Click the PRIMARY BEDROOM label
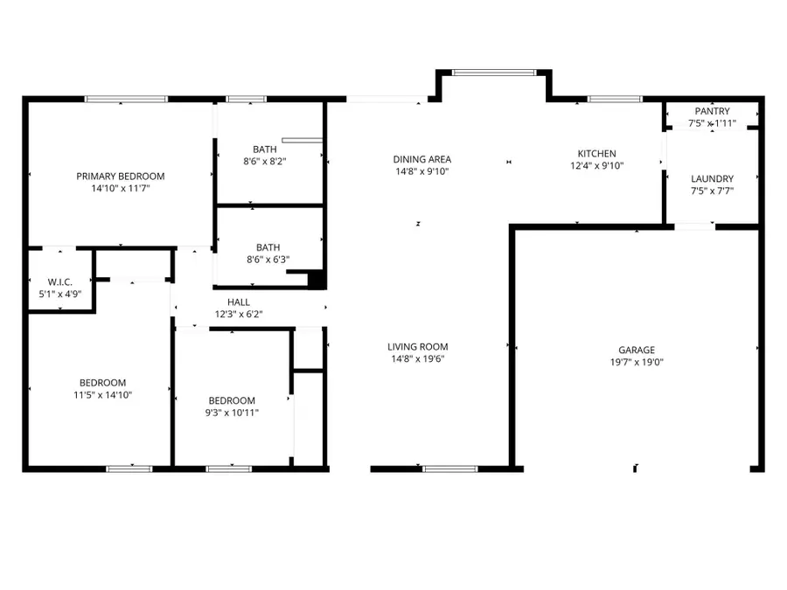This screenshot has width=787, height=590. click(x=120, y=176)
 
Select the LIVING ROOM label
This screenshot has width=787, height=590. click(x=418, y=347)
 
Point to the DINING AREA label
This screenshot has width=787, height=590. click(x=421, y=159)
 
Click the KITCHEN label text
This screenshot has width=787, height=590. click(x=597, y=153)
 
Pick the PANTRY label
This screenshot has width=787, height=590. click(x=712, y=111)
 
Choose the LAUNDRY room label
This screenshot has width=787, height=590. click(x=712, y=178)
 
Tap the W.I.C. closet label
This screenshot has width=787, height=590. click(x=59, y=281)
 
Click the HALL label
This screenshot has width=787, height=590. click(x=239, y=302)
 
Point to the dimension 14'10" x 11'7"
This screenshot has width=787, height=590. click(x=120, y=188)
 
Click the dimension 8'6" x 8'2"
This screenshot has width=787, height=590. click(x=264, y=161)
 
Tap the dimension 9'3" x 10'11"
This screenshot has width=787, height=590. click(x=232, y=413)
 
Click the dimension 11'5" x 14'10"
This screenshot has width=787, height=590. click(x=102, y=394)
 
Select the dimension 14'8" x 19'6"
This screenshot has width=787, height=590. click(x=418, y=358)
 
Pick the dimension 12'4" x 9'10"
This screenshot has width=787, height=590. click(x=597, y=165)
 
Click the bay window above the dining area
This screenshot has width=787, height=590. click(x=494, y=73)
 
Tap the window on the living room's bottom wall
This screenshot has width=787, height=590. click(x=450, y=469)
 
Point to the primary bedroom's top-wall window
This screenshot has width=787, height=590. click(x=126, y=99)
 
